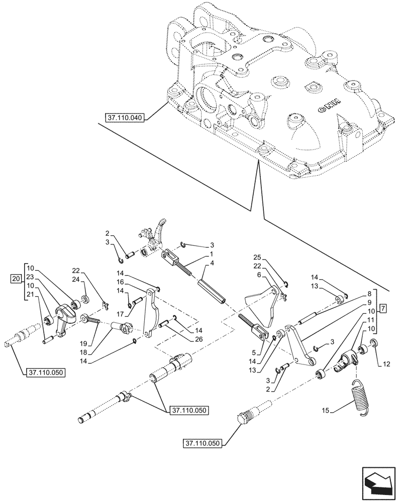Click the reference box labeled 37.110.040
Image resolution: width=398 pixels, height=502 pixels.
(125, 118)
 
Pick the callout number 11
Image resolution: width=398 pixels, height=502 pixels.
(370, 319)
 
